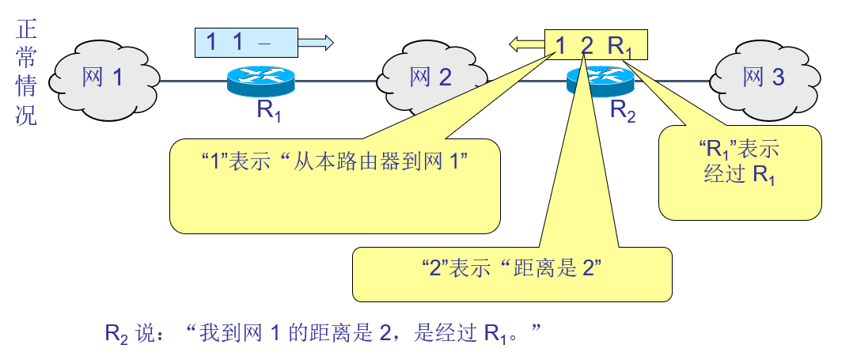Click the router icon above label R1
[x=260, y=80]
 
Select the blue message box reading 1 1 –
[x=246, y=43]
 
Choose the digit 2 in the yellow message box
[x=586, y=45]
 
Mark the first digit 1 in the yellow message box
[x=560, y=45]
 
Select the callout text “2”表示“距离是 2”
[x=511, y=268]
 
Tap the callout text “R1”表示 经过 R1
[x=739, y=162]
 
